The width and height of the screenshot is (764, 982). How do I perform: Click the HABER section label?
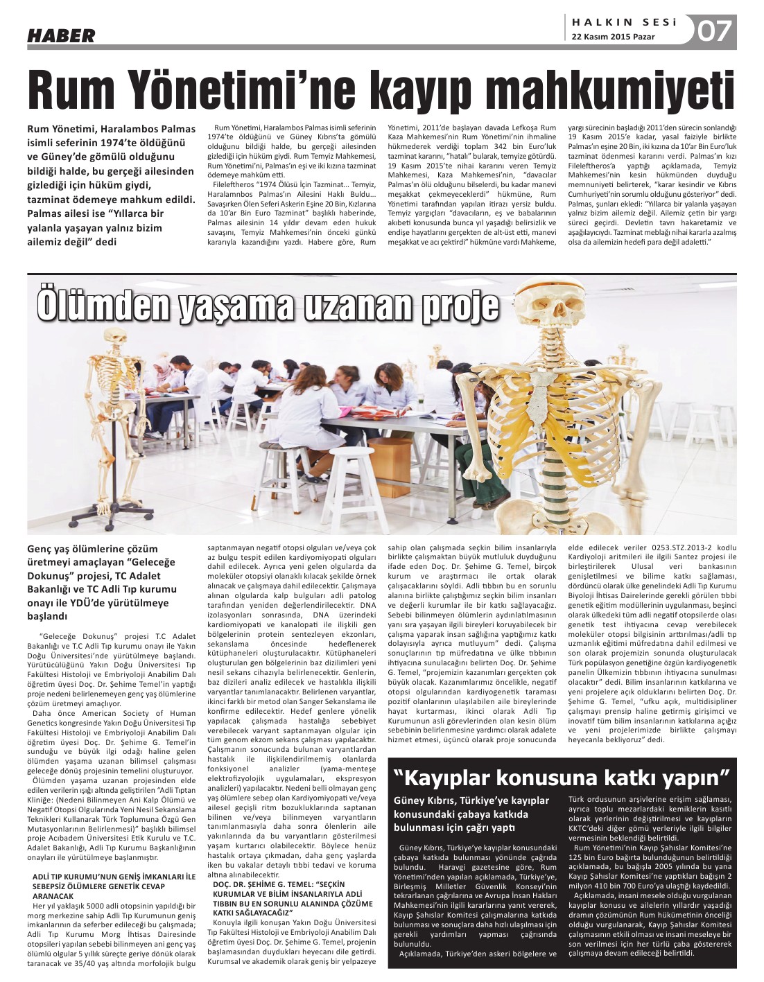point(61,35)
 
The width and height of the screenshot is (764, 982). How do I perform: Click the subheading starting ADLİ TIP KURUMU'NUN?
point(114,886)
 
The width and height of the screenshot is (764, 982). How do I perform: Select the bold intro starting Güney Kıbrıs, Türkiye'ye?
point(471,814)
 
